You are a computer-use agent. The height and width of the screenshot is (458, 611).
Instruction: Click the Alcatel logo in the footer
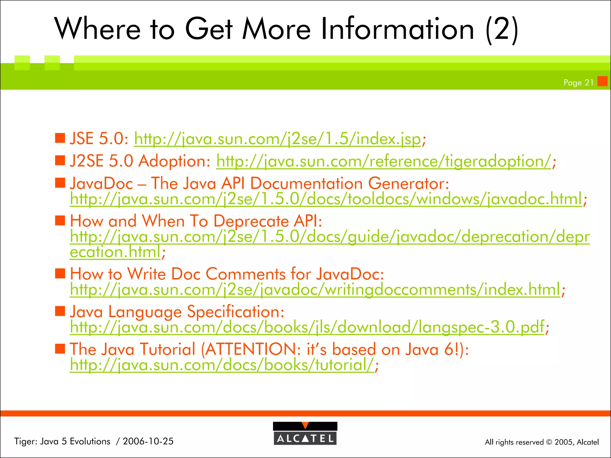pyautogui.click(x=305, y=434)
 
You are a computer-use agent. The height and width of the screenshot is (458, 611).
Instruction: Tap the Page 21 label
pyautogui.click(x=578, y=83)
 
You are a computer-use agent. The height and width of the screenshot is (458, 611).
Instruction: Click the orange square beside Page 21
pyautogui.click(x=602, y=81)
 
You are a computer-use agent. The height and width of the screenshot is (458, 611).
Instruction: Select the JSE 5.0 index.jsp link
pyautogui.click(x=277, y=139)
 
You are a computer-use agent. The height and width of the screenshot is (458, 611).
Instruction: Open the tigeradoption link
pyautogui.click(x=383, y=161)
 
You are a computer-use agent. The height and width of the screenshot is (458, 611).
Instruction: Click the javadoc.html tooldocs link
pyautogui.click(x=326, y=199)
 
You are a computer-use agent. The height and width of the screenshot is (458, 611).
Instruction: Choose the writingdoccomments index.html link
pyautogui.click(x=315, y=290)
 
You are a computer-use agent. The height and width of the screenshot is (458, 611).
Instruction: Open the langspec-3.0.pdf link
pyautogui.click(x=307, y=327)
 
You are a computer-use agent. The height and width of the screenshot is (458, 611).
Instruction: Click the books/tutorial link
pyautogui.click(x=222, y=365)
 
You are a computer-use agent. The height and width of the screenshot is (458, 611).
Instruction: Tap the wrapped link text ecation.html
pyautogui.click(x=115, y=252)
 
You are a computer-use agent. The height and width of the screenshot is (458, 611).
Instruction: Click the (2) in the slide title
pyautogui.click(x=502, y=29)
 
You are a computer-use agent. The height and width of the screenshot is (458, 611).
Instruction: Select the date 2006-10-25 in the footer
pyautogui.click(x=148, y=441)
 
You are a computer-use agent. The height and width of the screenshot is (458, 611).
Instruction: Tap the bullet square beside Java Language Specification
pyautogui.click(x=60, y=311)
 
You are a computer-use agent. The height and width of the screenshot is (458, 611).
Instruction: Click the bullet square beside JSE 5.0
pyautogui.click(x=60, y=138)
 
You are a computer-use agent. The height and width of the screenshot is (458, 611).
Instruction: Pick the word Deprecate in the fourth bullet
pyautogui.click(x=251, y=221)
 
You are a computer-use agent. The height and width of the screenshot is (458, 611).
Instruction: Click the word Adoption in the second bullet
pyautogui.click(x=175, y=161)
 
